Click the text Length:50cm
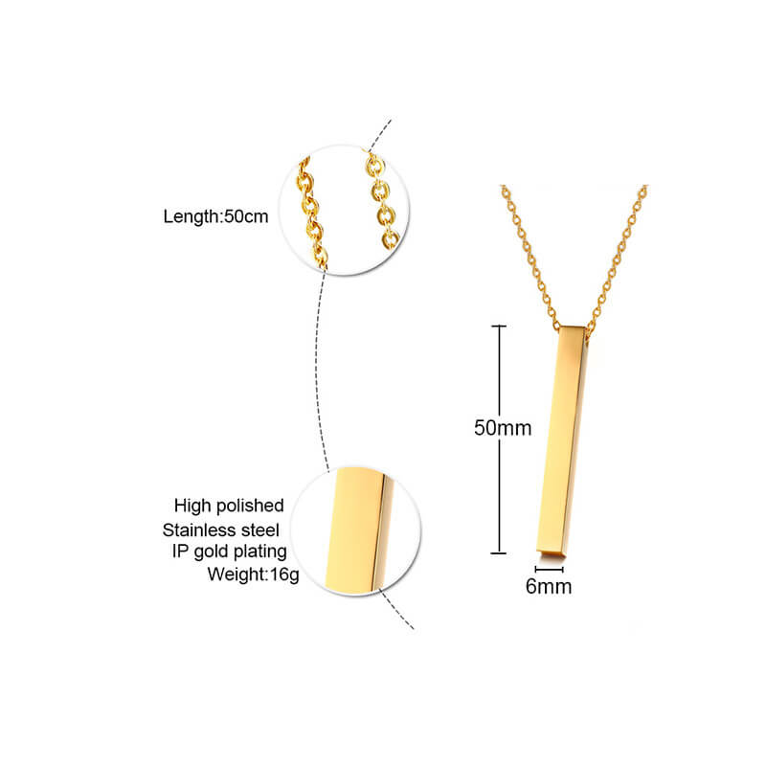pos(215,216)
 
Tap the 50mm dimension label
pos(503,428)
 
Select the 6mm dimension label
pos(549,586)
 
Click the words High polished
pos(229,506)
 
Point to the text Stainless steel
pos(221,530)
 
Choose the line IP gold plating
pos(229,552)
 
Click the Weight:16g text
pos(253,574)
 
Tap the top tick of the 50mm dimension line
pos(498,326)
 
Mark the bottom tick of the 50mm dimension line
pos(498,553)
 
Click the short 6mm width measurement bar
pos(549,570)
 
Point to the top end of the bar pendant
pos(574,328)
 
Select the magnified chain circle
pos(344,210)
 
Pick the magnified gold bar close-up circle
pos(355,531)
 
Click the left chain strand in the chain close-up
pos(310,213)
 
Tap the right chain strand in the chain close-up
pos(382,200)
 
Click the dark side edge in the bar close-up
pos(381,532)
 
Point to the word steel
pos(260,530)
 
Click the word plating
pos(259,552)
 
